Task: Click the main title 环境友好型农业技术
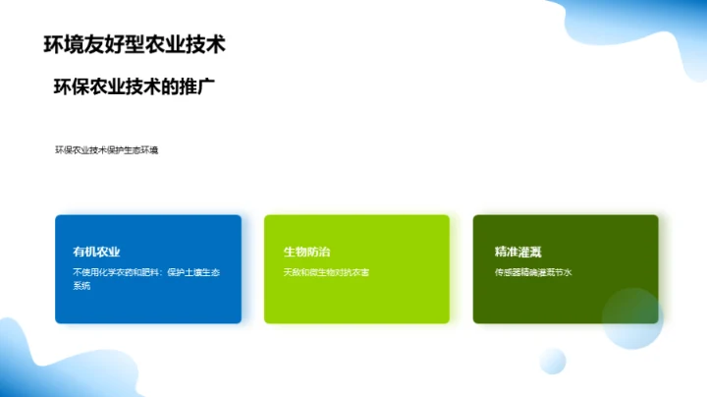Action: [x=136, y=44]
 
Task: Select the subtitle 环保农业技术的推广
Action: [x=134, y=86]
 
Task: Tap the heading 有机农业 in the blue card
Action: [x=96, y=252]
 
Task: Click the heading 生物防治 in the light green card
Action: [x=305, y=252]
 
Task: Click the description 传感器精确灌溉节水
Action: [x=533, y=272]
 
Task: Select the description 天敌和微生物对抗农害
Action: [x=326, y=272]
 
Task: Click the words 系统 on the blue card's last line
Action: [x=82, y=286]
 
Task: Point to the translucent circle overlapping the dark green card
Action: [x=632, y=318]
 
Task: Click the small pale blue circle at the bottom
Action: [x=553, y=361]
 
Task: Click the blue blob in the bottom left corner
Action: [x=25, y=364]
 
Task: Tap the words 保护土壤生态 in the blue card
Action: [x=191, y=272]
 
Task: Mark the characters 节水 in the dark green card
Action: [x=564, y=272]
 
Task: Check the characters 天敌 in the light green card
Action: [x=292, y=272]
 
